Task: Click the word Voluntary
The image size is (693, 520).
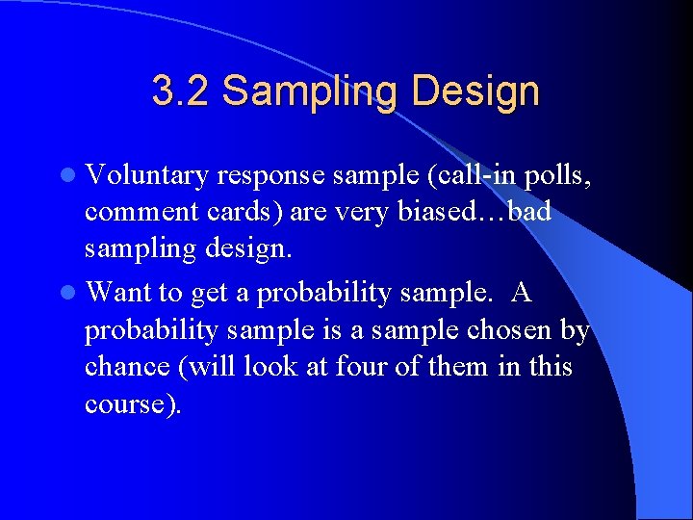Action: click(x=147, y=175)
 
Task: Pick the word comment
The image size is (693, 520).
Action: click(x=145, y=212)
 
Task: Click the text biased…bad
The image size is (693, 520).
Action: click(x=480, y=212)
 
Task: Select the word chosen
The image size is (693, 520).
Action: click(x=509, y=330)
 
